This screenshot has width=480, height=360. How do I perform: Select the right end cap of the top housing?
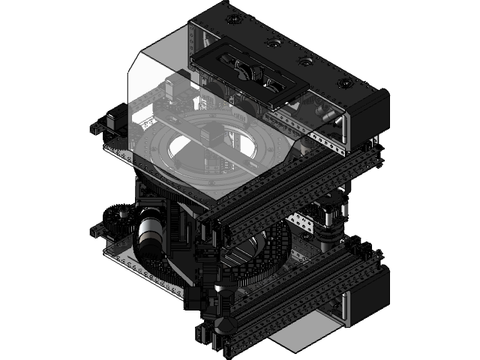pos(367,116)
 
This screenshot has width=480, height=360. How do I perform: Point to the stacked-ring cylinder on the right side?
pos(330,225)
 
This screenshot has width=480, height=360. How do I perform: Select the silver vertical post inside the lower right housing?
pos(346,307)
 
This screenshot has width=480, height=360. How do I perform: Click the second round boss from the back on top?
pos(271,45)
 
